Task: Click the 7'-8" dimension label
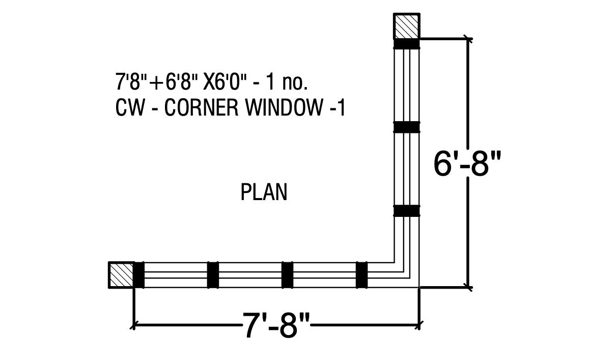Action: [x=276, y=325]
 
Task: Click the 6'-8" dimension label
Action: [x=467, y=163]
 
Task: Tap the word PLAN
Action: [x=264, y=192]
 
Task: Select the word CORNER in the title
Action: [x=202, y=107]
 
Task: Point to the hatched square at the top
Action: [x=407, y=26]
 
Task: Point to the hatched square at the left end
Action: [x=121, y=275]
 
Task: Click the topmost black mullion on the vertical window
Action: [x=407, y=44]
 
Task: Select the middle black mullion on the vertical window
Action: [x=407, y=127]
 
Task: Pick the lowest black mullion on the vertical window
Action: [x=407, y=210]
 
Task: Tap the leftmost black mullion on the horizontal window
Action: [x=139, y=275]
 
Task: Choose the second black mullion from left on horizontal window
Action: [x=213, y=275]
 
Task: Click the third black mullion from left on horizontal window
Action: [x=288, y=275]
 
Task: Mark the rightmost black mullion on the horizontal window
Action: [x=361, y=275]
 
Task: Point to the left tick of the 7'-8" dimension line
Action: [x=133, y=324]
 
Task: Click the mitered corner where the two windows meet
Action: [x=407, y=275]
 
